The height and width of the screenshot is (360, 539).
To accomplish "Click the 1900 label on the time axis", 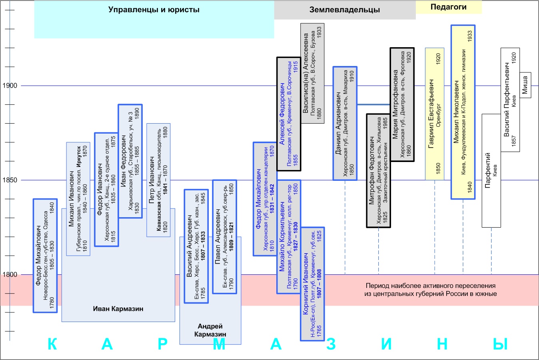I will [x=10, y=86].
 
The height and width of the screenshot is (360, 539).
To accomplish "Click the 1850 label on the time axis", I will [x=10, y=180].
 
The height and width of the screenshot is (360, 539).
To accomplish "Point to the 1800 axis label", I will [x=10, y=275].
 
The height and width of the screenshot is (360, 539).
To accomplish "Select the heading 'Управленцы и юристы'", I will [x=154, y=10].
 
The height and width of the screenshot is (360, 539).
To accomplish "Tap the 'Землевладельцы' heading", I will [x=344, y=10].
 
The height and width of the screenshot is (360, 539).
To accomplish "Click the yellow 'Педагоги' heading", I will [x=448, y=7].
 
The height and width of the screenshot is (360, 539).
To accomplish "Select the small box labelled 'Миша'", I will [x=525, y=85].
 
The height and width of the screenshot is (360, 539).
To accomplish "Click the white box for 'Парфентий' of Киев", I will [x=491, y=170].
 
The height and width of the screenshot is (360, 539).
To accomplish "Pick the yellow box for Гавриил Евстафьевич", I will [x=435, y=114].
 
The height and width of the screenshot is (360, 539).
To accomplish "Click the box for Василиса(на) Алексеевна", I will [x=312, y=73].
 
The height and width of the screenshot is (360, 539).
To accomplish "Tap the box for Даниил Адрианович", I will [x=345, y=123].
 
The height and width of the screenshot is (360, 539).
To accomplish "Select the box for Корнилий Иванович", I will [x=312, y=284].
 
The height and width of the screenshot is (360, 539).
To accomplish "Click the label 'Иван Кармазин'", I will [x=118, y=309].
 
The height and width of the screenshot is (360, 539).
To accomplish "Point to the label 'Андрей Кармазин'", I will [x=210, y=330].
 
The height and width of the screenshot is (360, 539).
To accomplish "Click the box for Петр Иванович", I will [x=158, y=180].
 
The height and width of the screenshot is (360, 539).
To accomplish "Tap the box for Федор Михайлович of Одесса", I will [x=45, y=255].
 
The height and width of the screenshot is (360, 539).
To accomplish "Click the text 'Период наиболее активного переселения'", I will [x=431, y=286].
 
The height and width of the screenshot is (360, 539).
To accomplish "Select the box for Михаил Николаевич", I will [x=463, y=112].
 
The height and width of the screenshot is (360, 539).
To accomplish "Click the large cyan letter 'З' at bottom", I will [x=331, y=344].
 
